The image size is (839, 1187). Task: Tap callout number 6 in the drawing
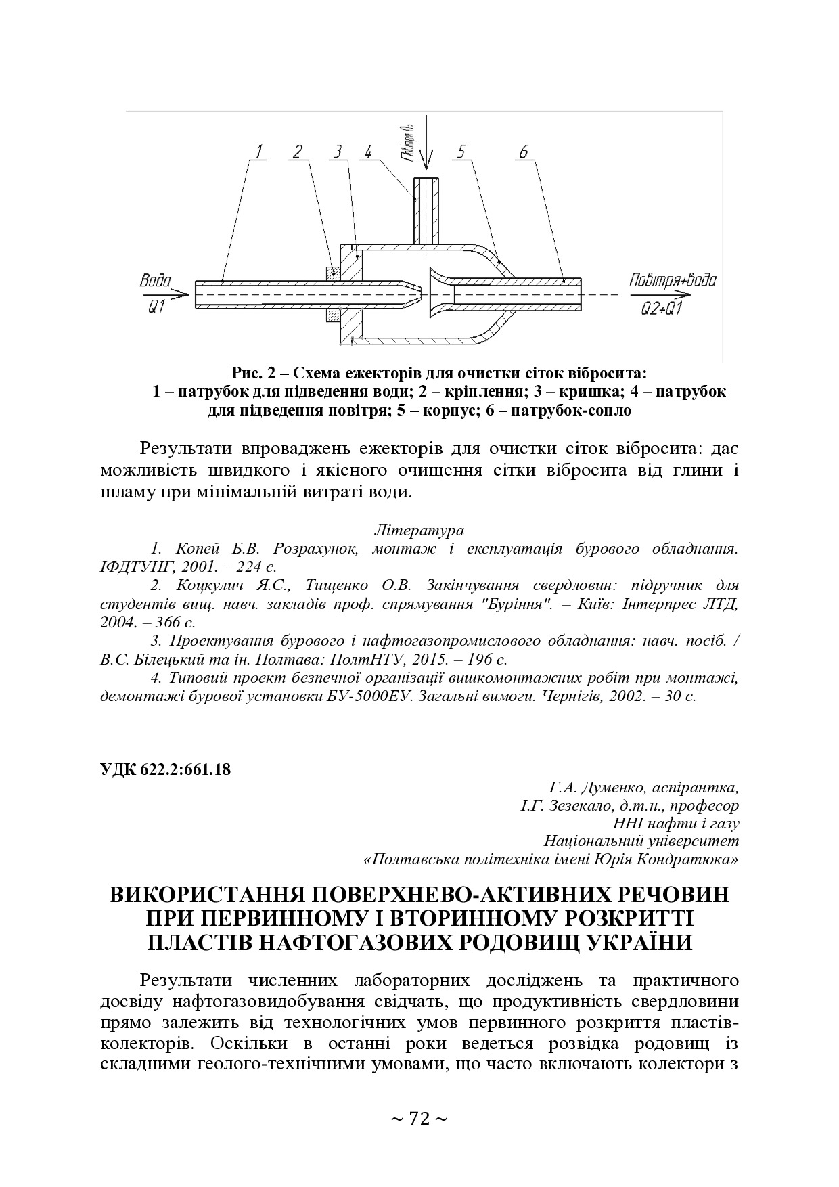point(523,152)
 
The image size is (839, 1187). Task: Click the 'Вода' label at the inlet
point(155,280)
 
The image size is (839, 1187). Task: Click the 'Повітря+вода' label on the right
point(672,280)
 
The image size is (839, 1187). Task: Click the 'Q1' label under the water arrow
point(156,308)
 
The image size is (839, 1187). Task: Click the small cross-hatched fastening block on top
point(333,273)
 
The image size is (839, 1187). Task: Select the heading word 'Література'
point(418,529)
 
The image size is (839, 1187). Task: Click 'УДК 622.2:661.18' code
point(165,769)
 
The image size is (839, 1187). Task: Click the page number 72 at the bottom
point(419,1119)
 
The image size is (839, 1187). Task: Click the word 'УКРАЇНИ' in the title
point(635,943)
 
